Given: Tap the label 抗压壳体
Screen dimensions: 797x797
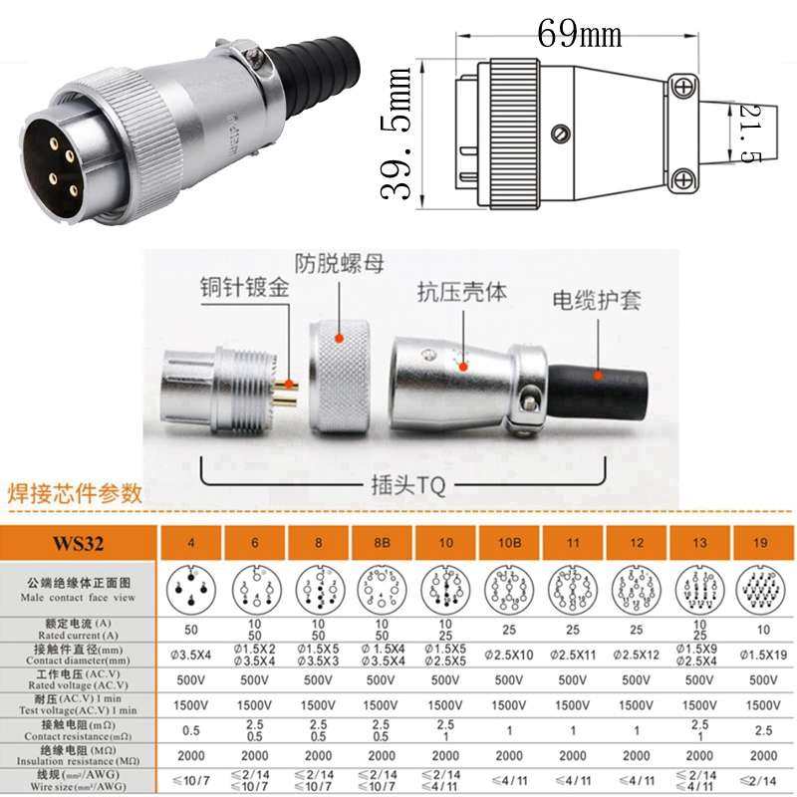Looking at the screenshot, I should pos(461,292).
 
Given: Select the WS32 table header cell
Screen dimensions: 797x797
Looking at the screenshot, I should pos(79,545).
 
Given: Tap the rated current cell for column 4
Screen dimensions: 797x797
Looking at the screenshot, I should pos(192,630).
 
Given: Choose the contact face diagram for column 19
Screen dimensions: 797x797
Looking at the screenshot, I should pos(764,590).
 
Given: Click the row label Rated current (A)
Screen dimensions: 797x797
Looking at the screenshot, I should pos(79,630).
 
